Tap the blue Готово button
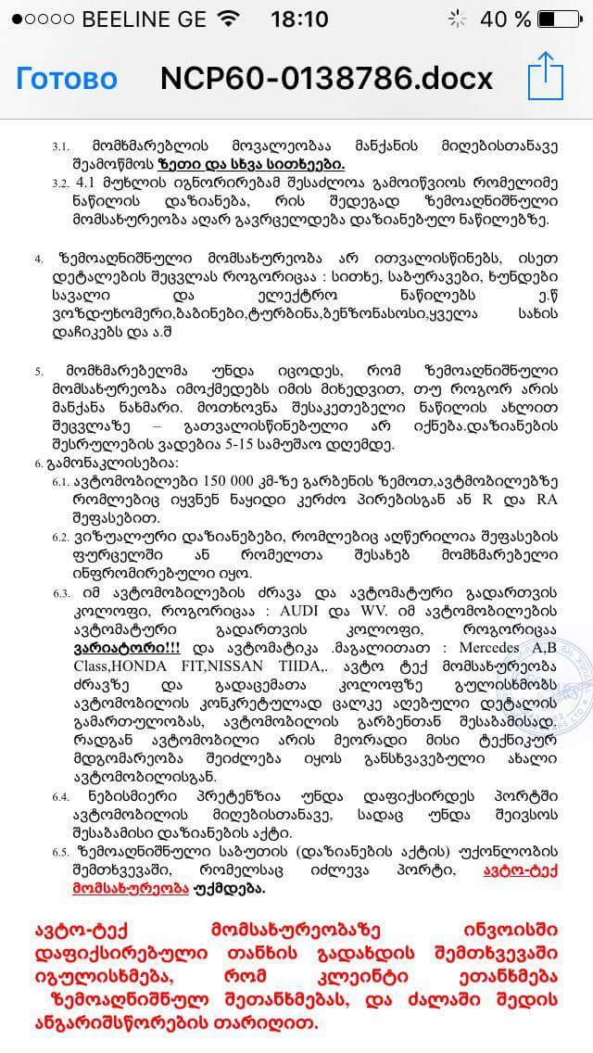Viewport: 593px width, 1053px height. [x=67, y=79]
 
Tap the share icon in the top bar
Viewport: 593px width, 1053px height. [x=546, y=77]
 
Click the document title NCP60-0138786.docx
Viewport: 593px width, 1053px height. [x=326, y=79]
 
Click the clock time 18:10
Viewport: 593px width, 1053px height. [x=299, y=19]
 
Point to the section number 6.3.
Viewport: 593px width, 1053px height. [x=61, y=593]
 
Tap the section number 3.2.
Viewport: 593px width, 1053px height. [x=61, y=183]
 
